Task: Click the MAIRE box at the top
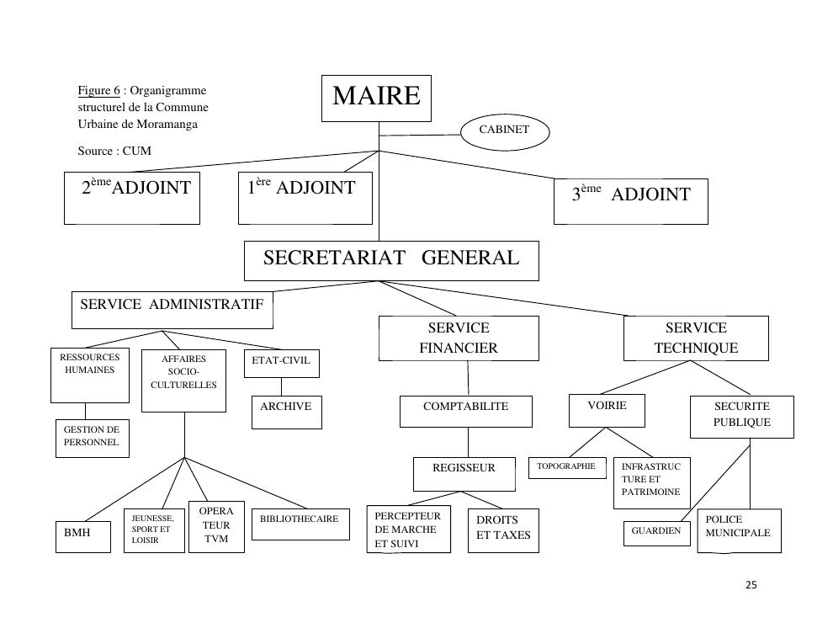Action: click(x=376, y=98)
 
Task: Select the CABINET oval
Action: click(x=505, y=130)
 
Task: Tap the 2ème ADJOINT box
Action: click(x=132, y=198)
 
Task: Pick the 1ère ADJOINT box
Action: click(x=305, y=198)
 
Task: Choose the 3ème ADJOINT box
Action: click(x=630, y=200)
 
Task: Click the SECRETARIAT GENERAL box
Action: click(x=391, y=260)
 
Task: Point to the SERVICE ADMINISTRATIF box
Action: click(x=172, y=310)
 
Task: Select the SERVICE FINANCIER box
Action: click(x=459, y=338)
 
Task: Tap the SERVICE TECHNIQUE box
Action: click(x=696, y=338)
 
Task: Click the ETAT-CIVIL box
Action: click(x=281, y=363)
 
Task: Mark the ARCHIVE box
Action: click(x=286, y=412)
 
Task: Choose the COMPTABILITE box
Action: click(x=465, y=411)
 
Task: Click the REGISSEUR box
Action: click(x=464, y=473)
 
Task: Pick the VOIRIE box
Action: click(x=607, y=410)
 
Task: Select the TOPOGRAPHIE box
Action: click(x=566, y=467)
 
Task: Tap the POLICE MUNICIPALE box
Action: click(x=739, y=530)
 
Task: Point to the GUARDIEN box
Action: click(x=656, y=532)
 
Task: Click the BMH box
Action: click(x=82, y=536)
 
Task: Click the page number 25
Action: click(x=751, y=585)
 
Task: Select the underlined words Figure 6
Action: click(x=98, y=91)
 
